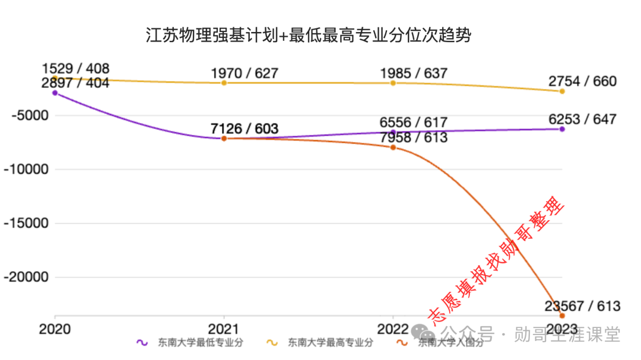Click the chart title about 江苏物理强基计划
pyautogui.click(x=308, y=36)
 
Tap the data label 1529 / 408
pyautogui.click(x=75, y=69)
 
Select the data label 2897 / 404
pyautogui.click(x=75, y=83)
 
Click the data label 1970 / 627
pyautogui.click(x=244, y=74)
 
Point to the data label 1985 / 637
pyautogui.click(x=414, y=74)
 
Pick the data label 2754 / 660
pyautogui.click(x=582, y=81)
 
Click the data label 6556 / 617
pyautogui.click(x=414, y=123)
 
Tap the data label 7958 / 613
pyautogui.click(x=414, y=138)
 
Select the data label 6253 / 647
pyautogui.click(x=582, y=119)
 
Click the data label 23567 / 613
pyautogui.click(x=582, y=306)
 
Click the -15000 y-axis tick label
pyautogui.click(x=24, y=224)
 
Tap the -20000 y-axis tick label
pyautogui.click(x=24, y=278)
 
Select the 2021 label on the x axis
pyautogui.click(x=224, y=329)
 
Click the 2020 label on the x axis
pyautogui.click(x=55, y=329)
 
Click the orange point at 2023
pyautogui.click(x=562, y=316)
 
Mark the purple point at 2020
pyautogui.click(x=55, y=93)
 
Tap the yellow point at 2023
pyautogui.click(x=562, y=91)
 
